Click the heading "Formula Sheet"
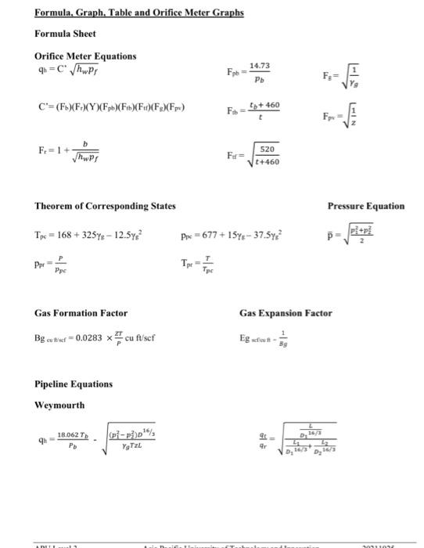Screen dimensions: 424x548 65,34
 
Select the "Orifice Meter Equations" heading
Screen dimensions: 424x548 85,56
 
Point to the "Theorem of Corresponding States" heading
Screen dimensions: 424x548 105,206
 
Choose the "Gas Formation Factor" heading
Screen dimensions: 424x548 81,313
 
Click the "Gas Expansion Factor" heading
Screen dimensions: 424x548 286,313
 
